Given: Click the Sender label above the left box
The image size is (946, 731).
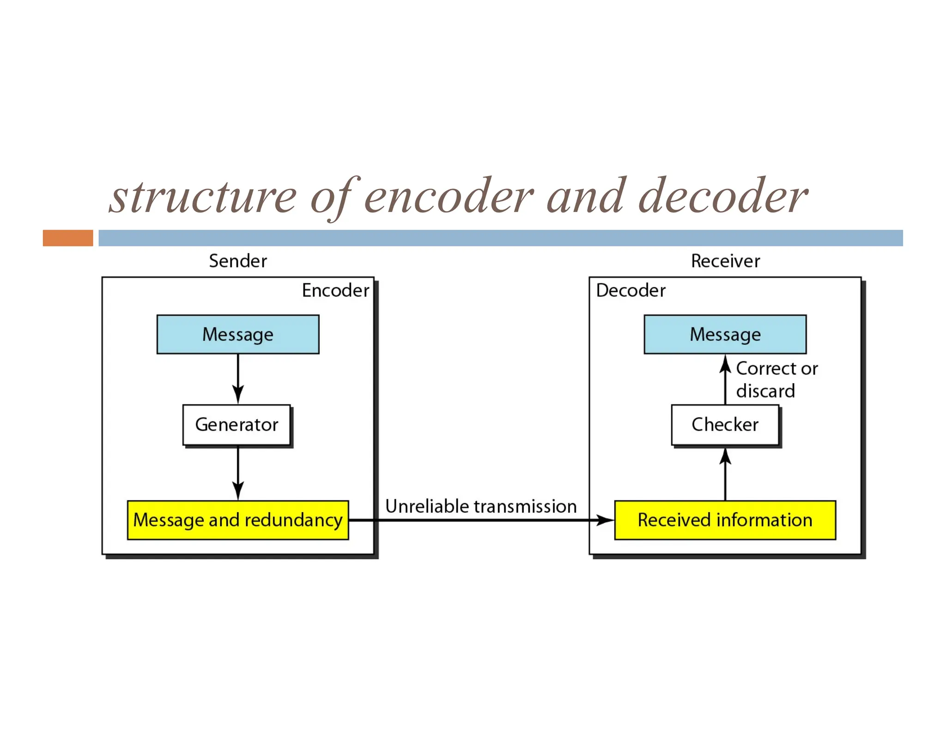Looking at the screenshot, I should coord(238,261).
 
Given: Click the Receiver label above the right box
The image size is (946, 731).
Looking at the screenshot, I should coord(725,261).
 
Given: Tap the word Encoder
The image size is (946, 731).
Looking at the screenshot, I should coord(335,291).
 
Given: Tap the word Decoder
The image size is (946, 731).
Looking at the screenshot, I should coord(631,291).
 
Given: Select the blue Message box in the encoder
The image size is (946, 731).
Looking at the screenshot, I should coord(238,335).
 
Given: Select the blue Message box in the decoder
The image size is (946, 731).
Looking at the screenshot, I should coord(725,335).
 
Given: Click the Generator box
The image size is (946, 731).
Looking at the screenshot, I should coord(237,425).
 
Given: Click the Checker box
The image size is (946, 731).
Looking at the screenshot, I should coord(725,425).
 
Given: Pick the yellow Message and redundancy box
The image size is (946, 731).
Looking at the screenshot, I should coord(238,520).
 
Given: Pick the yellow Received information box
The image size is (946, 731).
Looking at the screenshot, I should coord(725,520).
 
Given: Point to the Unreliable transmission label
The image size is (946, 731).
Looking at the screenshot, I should coord(481,506).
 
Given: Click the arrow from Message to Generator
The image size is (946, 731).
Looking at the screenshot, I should coord(238,379).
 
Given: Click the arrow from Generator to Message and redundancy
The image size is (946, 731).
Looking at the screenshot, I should coord(238,473).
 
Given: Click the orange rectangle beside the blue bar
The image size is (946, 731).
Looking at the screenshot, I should coord(68,238).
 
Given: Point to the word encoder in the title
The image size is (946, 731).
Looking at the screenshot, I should coord(449,197).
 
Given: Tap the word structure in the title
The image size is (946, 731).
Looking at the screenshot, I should coord(203,197).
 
